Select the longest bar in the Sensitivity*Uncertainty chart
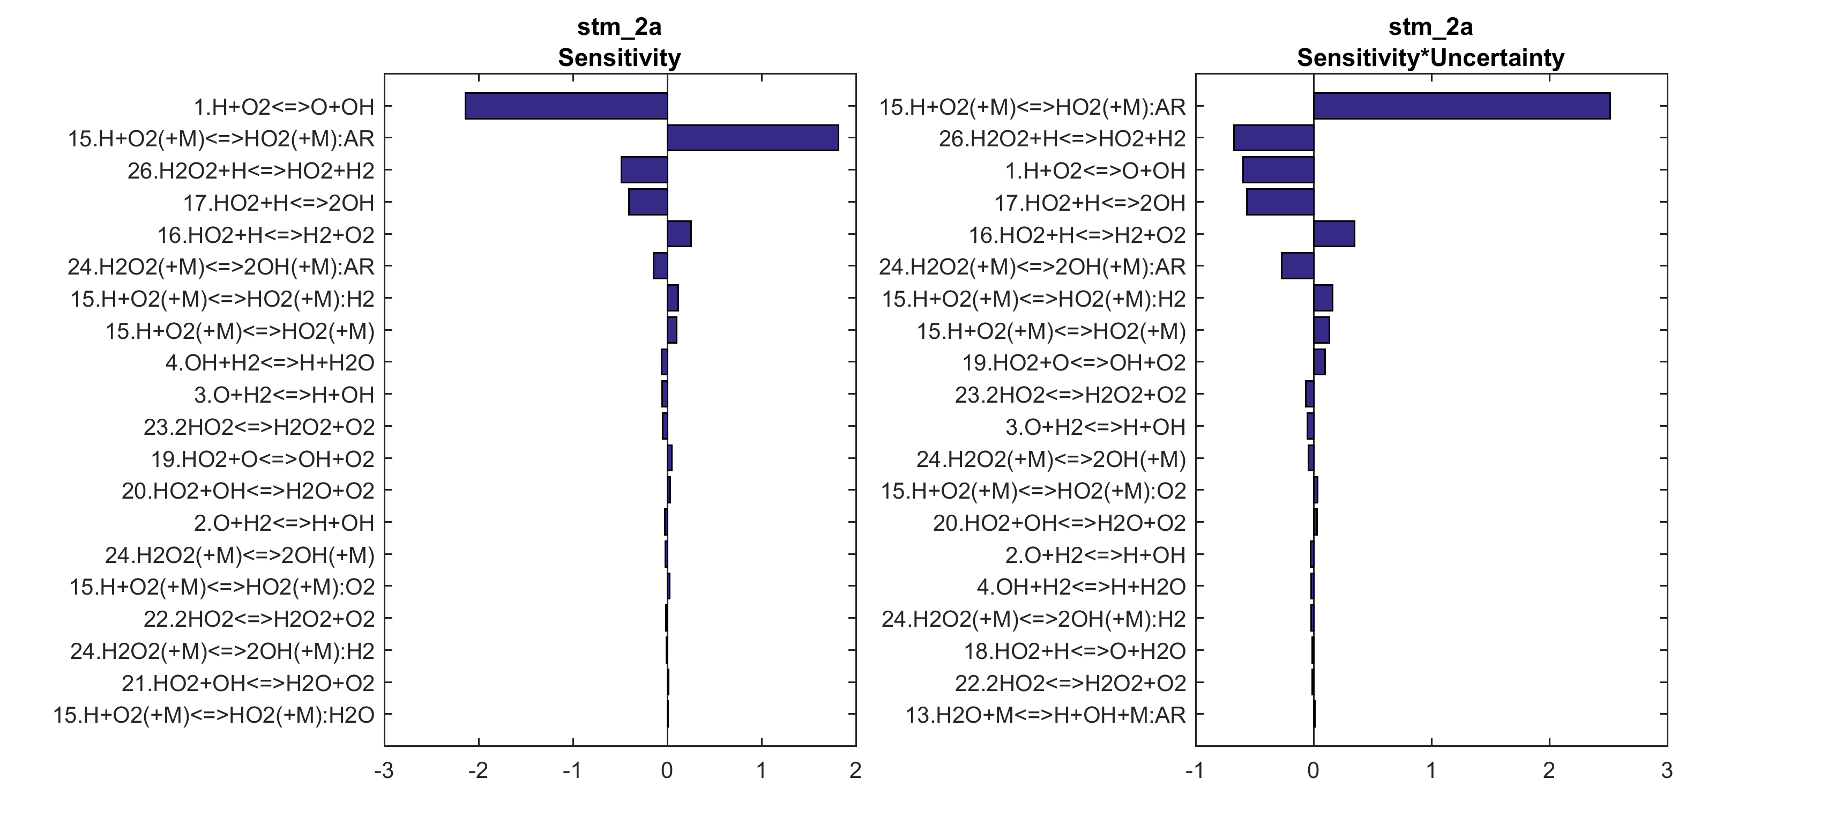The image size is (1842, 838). click(1461, 106)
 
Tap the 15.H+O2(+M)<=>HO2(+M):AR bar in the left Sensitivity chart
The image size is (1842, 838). click(752, 138)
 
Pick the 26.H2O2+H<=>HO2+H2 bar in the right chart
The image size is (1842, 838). click(1273, 138)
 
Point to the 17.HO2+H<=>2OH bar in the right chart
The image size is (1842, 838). click(1280, 202)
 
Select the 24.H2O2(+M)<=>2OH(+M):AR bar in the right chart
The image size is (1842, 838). click(1297, 265)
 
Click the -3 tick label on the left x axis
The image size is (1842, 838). click(384, 771)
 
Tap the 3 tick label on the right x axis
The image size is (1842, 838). click(1667, 771)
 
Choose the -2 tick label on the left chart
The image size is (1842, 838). click(478, 771)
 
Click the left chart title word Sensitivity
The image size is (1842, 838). click(619, 57)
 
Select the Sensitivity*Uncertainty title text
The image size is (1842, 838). click(1430, 57)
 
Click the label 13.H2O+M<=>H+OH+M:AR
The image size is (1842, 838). click(1046, 715)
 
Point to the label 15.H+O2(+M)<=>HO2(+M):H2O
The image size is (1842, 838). click(214, 715)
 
